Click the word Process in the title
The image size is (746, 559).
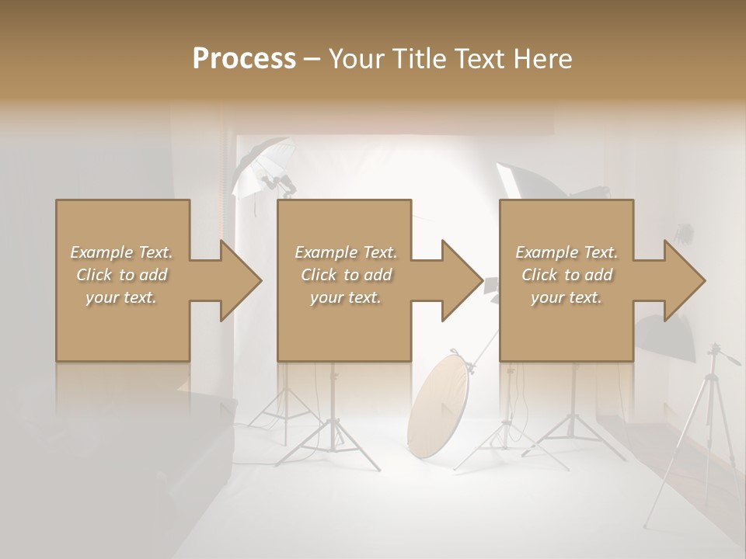click(244, 58)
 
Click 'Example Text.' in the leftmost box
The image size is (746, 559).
click(121, 252)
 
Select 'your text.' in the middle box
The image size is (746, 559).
click(345, 297)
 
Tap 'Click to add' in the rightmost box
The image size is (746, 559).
click(566, 275)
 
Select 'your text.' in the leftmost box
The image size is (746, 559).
click(121, 297)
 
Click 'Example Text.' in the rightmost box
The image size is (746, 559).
click(566, 252)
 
